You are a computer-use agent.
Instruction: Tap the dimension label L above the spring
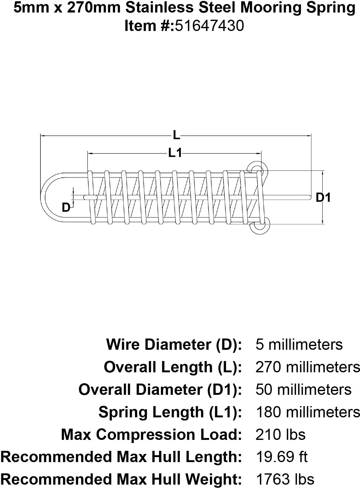(x=177, y=135)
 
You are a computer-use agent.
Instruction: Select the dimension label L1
(x=175, y=153)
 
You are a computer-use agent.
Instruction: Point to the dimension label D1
(x=323, y=197)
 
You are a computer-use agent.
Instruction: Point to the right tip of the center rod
(x=309, y=197)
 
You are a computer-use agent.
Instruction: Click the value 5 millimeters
(x=299, y=344)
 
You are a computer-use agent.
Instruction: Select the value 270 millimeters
(x=308, y=367)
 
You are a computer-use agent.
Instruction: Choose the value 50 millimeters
(x=303, y=390)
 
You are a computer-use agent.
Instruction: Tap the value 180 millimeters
(x=308, y=412)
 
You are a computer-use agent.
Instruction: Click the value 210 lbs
(x=280, y=435)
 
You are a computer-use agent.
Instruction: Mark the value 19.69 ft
(x=281, y=457)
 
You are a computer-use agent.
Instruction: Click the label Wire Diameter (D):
(x=174, y=344)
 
